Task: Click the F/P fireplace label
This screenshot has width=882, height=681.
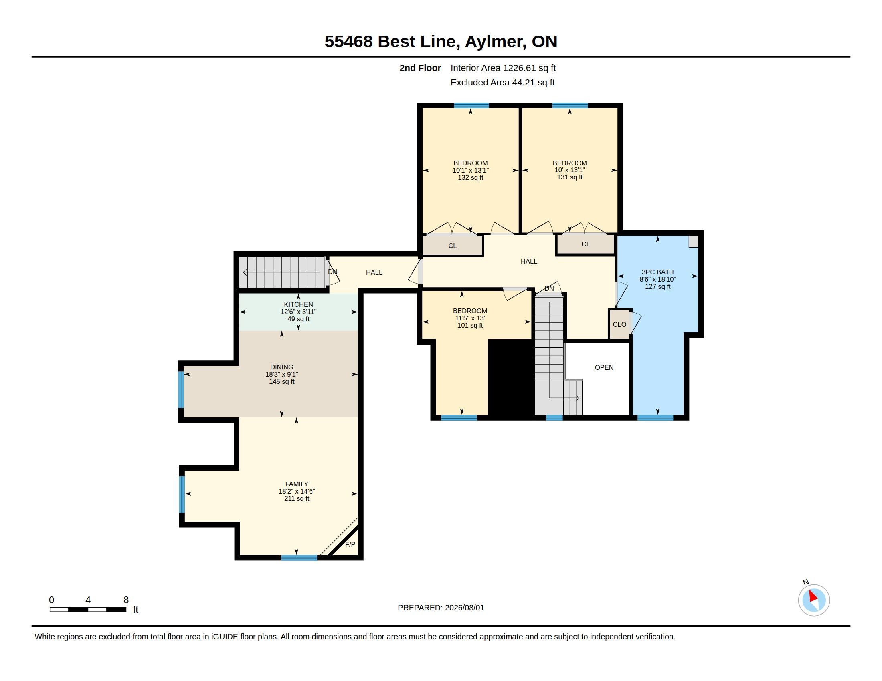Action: (x=350, y=545)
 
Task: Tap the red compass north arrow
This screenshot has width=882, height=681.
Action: (x=813, y=597)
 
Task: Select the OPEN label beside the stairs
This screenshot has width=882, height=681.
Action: (x=604, y=367)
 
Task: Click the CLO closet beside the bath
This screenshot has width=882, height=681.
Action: (x=619, y=324)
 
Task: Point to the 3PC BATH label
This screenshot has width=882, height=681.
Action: (x=657, y=272)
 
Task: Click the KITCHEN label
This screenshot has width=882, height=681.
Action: (x=298, y=304)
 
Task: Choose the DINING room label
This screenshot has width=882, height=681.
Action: (x=282, y=367)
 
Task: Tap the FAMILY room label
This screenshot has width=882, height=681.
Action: (x=297, y=484)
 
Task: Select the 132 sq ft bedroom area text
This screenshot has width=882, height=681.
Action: (x=471, y=177)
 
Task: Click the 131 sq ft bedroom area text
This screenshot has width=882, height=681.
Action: (x=570, y=177)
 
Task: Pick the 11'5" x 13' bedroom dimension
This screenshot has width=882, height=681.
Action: (x=470, y=318)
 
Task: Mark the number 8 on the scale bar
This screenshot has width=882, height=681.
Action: (x=126, y=600)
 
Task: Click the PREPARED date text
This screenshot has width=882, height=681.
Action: (x=441, y=608)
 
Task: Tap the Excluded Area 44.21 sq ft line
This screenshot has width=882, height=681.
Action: (x=503, y=82)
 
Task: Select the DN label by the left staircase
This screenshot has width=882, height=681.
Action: (x=333, y=272)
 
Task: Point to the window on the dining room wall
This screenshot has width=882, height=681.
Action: (x=182, y=390)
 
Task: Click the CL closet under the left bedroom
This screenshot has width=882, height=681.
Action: (x=452, y=245)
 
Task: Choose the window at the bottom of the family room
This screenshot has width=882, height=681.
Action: (x=299, y=558)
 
